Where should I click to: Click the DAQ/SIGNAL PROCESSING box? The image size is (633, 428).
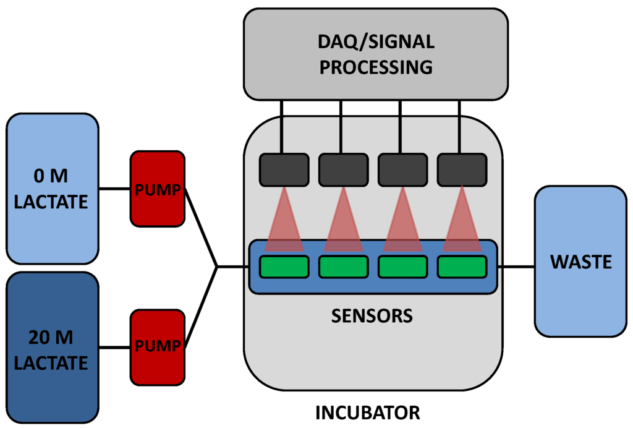pos(376,54)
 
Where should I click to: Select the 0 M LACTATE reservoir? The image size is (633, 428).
pos(53,189)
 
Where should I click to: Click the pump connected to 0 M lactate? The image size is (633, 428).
pos(157,189)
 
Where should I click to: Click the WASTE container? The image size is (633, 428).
pos(580,262)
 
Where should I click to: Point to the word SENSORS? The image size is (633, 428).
pos(372,316)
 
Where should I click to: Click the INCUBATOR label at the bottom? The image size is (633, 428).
pos(368,412)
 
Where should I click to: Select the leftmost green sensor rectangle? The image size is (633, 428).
pos(284,267)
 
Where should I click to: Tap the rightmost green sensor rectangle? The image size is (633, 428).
pos(462,267)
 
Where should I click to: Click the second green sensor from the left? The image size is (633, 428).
pos(343,267)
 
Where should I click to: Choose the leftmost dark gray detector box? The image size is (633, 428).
pos(284,169)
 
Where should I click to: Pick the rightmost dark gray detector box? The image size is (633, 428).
pos(462,169)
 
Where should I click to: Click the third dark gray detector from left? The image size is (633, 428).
pos(402,169)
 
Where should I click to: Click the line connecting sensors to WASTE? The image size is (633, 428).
pos(517,267)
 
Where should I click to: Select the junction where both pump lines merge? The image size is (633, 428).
pos(216,267)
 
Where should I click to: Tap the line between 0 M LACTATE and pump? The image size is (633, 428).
pos(114,189)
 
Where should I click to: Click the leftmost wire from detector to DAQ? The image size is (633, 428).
pos(281,127)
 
